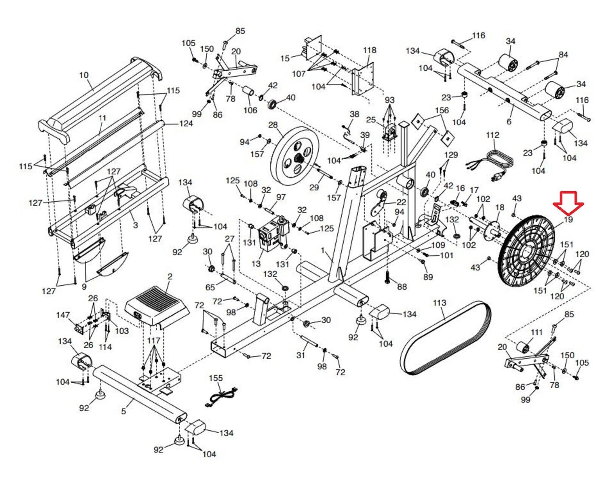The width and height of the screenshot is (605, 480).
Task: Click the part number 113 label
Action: [x=439, y=303]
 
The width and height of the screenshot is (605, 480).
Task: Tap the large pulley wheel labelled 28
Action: [x=295, y=156]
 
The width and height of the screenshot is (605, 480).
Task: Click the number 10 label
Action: [x=84, y=75]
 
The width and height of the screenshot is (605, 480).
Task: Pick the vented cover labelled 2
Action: [x=157, y=304]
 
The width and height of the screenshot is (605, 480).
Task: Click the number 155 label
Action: [x=216, y=378]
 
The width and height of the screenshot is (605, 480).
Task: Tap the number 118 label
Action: [x=369, y=50]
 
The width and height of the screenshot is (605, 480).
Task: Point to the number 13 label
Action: [x=256, y=264]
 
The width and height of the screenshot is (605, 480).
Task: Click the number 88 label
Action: [x=402, y=287]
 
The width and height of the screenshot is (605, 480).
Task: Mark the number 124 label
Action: [x=186, y=123]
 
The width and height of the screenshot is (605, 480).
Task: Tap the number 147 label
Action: [x=63, y=315]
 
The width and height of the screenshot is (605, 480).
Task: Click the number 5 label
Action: [x=123, y=411]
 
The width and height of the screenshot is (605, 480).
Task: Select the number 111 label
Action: [x=537, y=332]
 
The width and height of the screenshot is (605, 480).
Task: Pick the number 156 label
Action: [x=442, y=110]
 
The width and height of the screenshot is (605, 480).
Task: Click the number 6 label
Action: [x=509, y=121]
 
